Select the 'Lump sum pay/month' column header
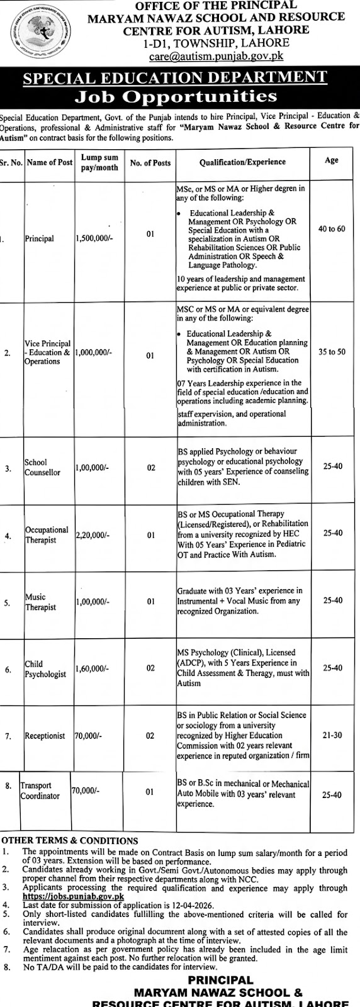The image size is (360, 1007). tap(99, 162)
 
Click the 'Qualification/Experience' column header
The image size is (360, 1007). tap(242, 162)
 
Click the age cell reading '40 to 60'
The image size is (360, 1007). tap(332, 228)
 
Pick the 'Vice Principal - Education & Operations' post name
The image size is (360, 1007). tap(47, 352)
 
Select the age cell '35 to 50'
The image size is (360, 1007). tap(332, 352)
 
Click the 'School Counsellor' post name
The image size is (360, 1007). tap(42, 467)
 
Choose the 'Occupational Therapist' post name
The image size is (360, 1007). tap(47, 535)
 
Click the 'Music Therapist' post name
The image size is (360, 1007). tap(40, 602)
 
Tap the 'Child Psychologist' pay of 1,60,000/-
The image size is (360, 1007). tap(93, 668)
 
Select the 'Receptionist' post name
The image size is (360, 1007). tap(45, 735)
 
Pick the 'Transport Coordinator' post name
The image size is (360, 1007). tap(40, 790)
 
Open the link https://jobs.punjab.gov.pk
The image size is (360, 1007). tap(73, 896)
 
